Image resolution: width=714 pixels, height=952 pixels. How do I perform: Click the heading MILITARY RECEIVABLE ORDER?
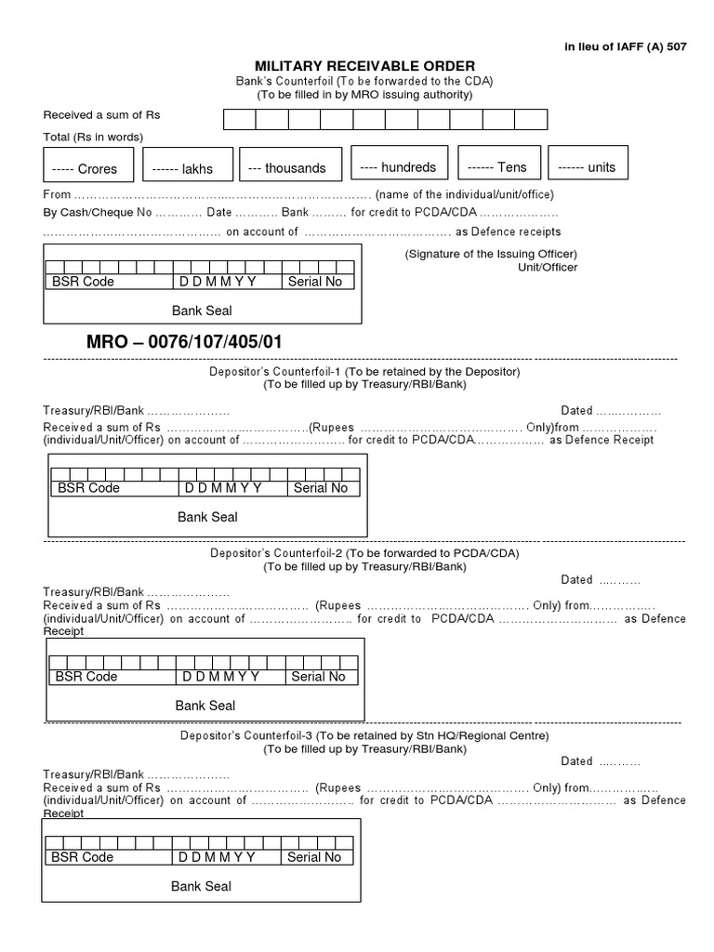364,65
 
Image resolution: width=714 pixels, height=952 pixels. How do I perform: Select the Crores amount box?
89,168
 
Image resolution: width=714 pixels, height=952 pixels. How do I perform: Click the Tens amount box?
499,167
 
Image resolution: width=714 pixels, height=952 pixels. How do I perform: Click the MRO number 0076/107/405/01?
184,342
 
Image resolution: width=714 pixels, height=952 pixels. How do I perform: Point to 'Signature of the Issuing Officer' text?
491,254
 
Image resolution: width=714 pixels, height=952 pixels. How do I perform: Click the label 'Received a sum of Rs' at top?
96,115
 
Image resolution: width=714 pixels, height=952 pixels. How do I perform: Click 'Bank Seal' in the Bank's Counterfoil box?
202,311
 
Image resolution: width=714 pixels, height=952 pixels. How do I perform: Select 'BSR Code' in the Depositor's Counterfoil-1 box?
88,488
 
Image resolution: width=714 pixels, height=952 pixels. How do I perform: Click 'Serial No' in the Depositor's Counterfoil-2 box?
318,677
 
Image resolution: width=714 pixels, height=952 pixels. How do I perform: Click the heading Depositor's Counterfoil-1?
364,371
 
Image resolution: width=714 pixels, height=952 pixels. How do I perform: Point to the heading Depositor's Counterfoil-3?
364,735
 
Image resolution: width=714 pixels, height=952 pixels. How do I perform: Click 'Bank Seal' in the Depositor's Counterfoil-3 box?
201,886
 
